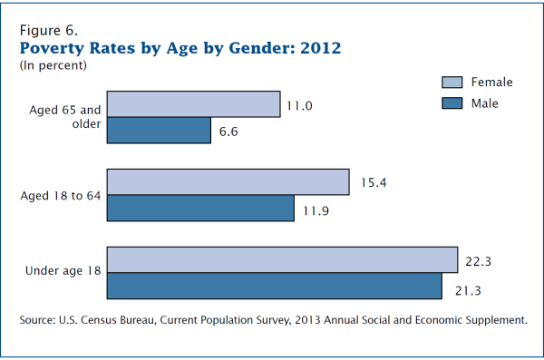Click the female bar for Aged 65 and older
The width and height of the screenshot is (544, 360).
193,104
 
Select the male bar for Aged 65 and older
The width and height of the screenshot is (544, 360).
159,131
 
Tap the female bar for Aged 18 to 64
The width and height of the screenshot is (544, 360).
228,181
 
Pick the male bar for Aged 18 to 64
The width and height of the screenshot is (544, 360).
200,208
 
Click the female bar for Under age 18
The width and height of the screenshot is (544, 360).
282,259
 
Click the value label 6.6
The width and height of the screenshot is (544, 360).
229,132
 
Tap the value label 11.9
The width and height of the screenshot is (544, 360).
314,209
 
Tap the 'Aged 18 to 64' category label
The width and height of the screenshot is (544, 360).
60,195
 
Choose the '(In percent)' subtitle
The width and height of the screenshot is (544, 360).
53,65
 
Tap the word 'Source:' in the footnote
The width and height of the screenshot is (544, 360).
41,320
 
